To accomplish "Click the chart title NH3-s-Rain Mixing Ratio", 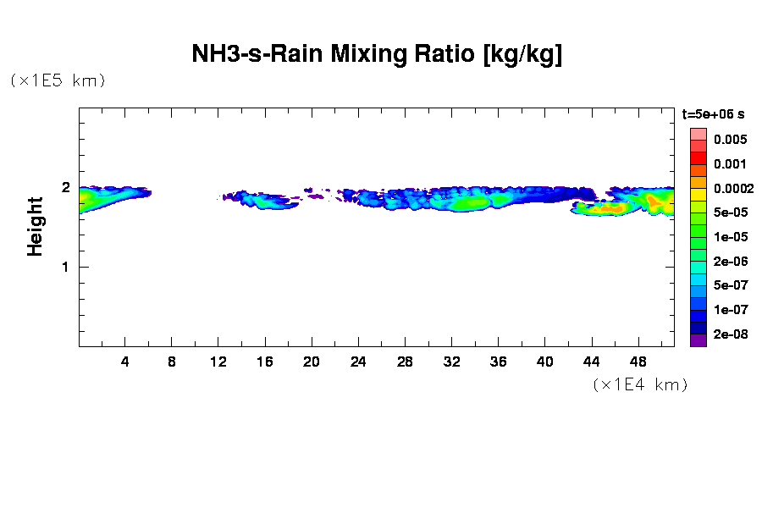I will [377, 55].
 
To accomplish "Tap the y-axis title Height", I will [35, 226].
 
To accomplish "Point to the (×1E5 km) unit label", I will [58, 80].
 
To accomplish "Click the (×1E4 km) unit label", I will [640, 384].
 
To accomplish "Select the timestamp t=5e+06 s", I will [714, 113].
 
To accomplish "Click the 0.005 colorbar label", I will [730, 140].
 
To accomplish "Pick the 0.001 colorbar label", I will [730, 164].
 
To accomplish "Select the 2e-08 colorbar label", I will [730, 334].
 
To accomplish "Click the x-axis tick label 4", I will [125, 362].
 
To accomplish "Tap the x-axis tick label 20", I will [312, 362].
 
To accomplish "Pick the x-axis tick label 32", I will [451, 362].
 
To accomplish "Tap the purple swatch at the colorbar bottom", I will [698, 340].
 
